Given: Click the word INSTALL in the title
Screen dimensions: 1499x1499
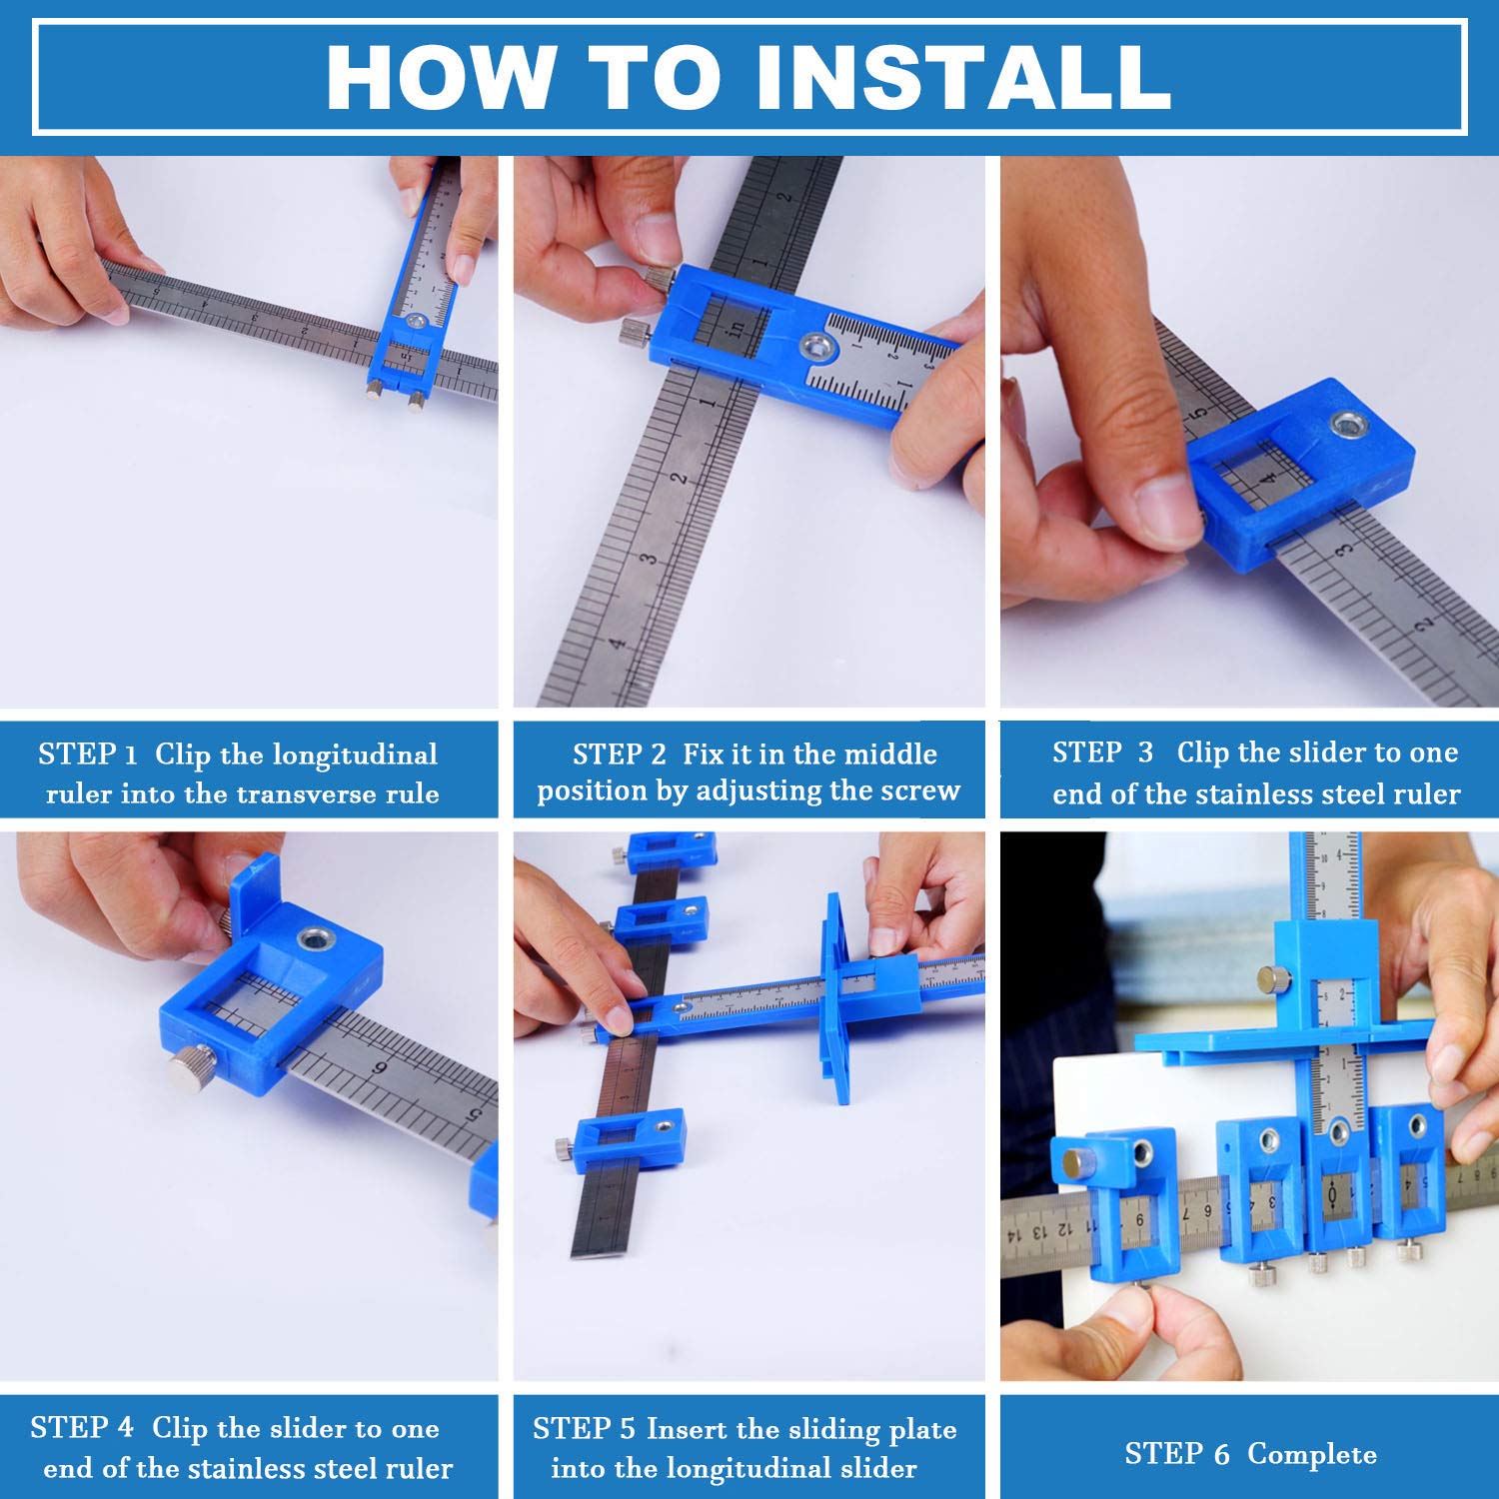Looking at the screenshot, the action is point(963,77).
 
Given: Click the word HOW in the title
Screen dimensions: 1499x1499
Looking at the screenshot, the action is point(441,77).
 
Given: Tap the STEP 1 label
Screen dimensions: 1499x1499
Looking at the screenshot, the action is point(87,753).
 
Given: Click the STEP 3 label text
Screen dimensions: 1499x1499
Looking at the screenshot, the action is point(1102,751).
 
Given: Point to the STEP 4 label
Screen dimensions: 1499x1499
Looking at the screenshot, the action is point(81,1427).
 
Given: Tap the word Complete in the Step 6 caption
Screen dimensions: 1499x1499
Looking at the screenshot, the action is point(1312,1454).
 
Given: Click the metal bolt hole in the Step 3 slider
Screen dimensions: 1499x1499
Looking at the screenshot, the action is point(1349,424).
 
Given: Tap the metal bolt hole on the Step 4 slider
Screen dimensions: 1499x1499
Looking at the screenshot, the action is point(317,939).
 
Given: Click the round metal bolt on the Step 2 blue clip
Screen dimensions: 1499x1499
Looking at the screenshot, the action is point(818,347).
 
